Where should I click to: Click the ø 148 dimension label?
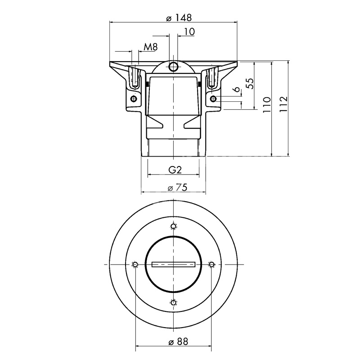coord(179,18)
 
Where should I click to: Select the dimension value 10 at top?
coord(189,31)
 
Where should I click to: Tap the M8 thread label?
coord(151,47)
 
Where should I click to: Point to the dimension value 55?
coord(250,84)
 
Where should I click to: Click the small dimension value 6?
coord(237,89)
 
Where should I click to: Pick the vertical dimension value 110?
coord(267,105)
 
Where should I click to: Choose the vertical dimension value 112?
coord(283,104)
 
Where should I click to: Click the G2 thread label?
coord(175,170)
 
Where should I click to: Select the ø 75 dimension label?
coord(177,188)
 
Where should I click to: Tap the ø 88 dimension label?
coord(178,342)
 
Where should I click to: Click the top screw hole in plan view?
coord(174,227)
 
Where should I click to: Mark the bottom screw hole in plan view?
coord(174,302)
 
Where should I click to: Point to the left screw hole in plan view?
coord(135,265)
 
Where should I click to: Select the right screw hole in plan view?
coord(211,265)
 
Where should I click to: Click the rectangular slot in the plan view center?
coord(174,265)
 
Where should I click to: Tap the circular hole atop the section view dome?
coord(173,67)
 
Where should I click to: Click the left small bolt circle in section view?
coord(133,99)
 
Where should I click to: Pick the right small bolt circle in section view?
coord(213,99)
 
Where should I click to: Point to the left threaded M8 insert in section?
coord(135,77)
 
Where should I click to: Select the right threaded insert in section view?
coord(211,77)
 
